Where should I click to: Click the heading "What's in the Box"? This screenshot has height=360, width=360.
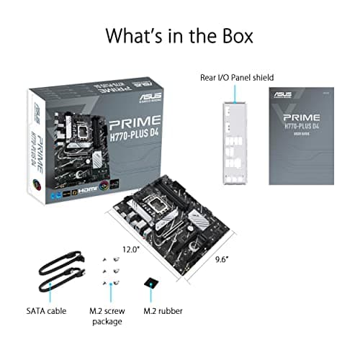180,35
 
